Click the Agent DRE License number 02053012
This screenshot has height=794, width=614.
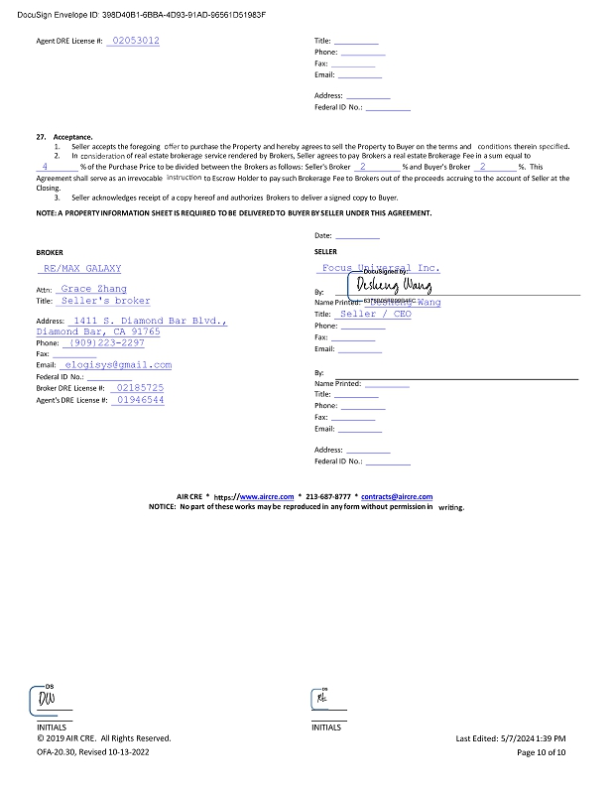[135, 41]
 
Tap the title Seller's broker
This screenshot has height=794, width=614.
[104, 300]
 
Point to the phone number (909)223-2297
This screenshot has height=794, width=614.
[107, 342]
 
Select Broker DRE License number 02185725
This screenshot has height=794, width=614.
[140, 387]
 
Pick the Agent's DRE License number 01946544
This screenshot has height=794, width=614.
[140, 399]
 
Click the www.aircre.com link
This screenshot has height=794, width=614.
[266, 496]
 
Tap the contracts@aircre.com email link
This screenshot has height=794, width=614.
[396, 496]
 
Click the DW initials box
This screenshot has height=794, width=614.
[47, 701]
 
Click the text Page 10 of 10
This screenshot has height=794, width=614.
[542, 752]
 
